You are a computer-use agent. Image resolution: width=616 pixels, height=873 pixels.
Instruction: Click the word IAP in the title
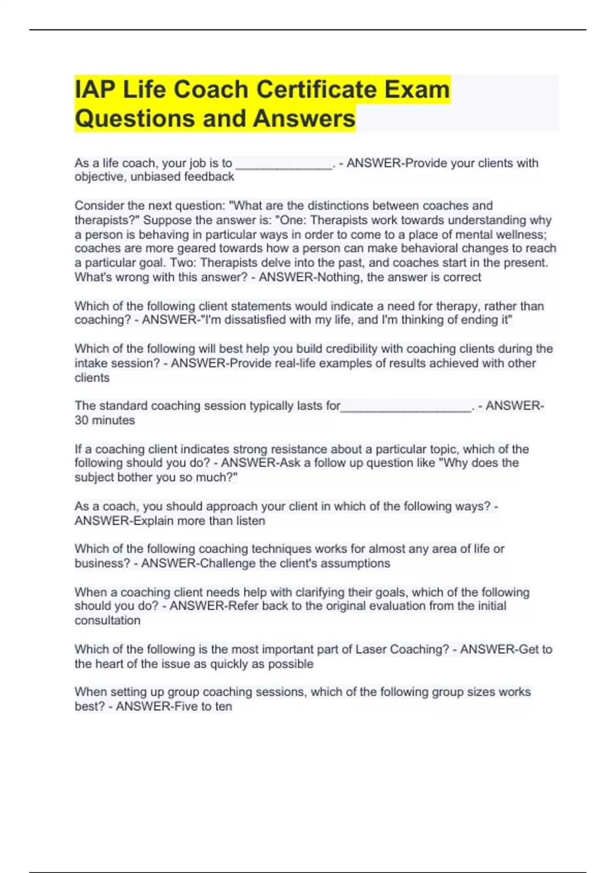[94, 90]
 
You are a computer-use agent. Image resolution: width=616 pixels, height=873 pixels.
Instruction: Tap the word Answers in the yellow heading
[304, 119]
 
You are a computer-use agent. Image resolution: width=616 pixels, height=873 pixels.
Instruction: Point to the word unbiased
[155, 177]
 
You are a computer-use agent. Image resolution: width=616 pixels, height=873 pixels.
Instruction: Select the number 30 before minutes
[81, 420]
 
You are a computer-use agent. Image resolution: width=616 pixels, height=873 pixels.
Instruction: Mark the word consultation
[107, 620]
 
